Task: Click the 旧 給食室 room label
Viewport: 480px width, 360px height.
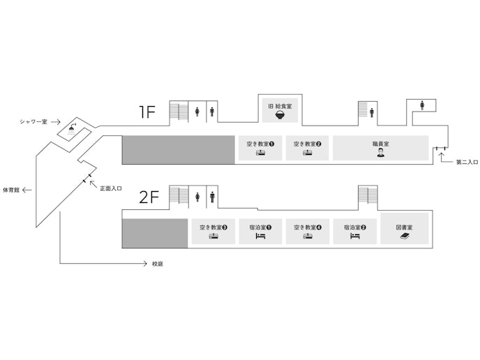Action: coord(280,107)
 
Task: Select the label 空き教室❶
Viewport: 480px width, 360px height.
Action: coord(261,144)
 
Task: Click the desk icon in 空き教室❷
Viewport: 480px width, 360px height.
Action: coord(308,152)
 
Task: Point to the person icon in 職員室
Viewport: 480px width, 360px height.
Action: coord(381,153)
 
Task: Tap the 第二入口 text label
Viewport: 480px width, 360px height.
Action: coord(467,163)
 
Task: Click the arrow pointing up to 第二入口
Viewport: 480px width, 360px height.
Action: coord(441,155)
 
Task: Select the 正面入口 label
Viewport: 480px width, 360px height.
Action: coord(111,188)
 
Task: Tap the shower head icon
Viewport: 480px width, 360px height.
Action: coord(73,129)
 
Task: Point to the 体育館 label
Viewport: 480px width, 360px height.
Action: coord(12,190)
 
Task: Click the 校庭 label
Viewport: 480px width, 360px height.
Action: coord(158,264)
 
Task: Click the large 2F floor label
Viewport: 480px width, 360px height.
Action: coord(150,197)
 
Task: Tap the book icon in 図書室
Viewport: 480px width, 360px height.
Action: coord(405,237)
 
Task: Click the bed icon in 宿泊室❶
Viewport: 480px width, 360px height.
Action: coord(260,237)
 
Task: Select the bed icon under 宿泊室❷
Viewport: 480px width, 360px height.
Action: coord(355,237)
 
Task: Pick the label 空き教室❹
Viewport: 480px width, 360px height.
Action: coord(308,227)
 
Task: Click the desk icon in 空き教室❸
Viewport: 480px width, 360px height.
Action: coord(213,237)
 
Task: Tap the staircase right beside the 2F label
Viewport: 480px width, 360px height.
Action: coord(179,197)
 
